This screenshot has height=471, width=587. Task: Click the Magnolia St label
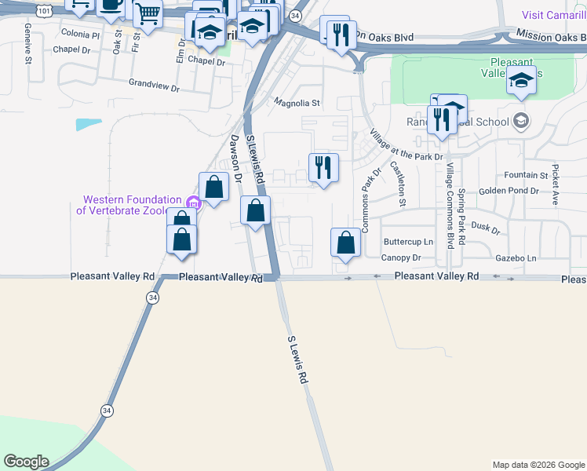pyautogui.click(x=297, y=103)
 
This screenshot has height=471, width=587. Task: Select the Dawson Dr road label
pyautogui.click(x=235, y=157)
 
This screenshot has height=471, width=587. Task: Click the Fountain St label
pyautogui.click(x=526, y=175)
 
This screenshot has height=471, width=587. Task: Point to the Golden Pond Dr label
pyautogui.click(x=509, y=191)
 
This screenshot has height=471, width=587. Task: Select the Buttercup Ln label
pyautogui.click(x=408, y=242)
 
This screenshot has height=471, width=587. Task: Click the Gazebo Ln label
pyautogui.click(x=516, y=257)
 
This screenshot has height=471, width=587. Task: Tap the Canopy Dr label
pyautogui.click(x=401, y=257)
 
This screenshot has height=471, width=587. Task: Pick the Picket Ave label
pyautogui.click(x=555, y=184)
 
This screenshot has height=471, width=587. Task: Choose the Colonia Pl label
pyautogui.click(x=80, y=35)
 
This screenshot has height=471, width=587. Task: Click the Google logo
pyautogui.click(x=26, y=462)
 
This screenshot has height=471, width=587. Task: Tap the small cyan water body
pyautogui.click(x=89, y=124)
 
